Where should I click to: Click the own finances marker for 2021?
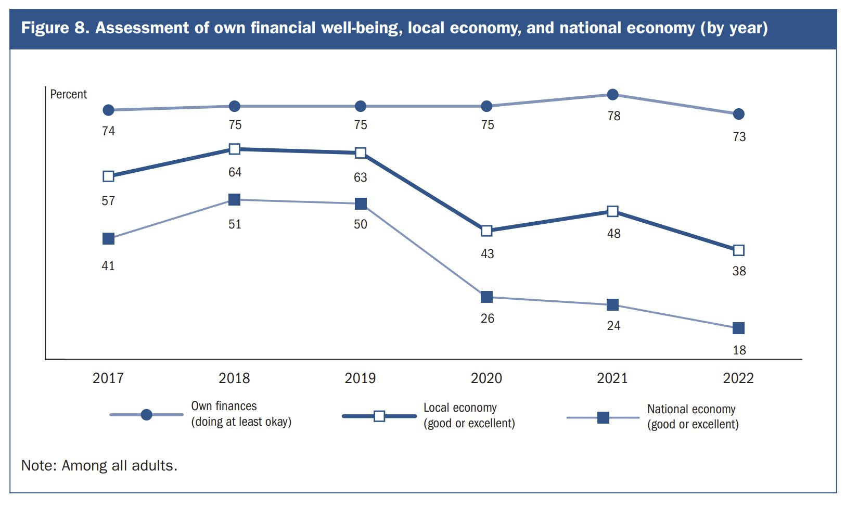[x=613, y=94]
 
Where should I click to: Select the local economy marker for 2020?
[x=486, y=231]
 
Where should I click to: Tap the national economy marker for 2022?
[x=738, y=328]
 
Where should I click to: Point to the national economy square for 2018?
[x=235, y=199]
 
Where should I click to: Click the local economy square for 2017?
[x=108, y=176]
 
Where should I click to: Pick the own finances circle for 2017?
[x=108, y=110]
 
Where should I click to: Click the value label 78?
[x=614, y=116]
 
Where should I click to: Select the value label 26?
[x=487, y=319]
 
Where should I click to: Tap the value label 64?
[x=235, y=172]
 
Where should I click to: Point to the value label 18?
[x=739, y=350]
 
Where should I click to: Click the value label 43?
[x=487, y=254]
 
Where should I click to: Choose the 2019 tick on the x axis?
[x=360, y=378]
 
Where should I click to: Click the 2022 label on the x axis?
[x=738, y=378]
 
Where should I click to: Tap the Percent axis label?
[x=68, y=94]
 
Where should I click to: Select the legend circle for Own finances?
[x=147, y=415]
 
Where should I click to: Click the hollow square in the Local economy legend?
[x=379, y=416]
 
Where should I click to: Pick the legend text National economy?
[x=691, y=409]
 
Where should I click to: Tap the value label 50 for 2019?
[x=361, y=224]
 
